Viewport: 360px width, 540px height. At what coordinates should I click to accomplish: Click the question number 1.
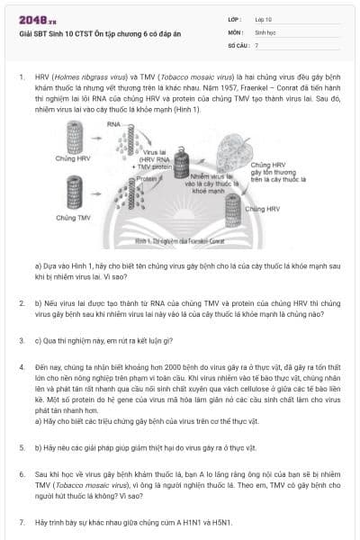coord(21,78)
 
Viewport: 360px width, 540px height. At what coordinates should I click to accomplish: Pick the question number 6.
coord(21,472)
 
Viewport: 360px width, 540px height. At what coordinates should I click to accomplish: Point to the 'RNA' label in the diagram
coord(113,121)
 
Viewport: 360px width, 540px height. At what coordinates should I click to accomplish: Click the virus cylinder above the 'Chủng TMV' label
coord(75,191)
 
